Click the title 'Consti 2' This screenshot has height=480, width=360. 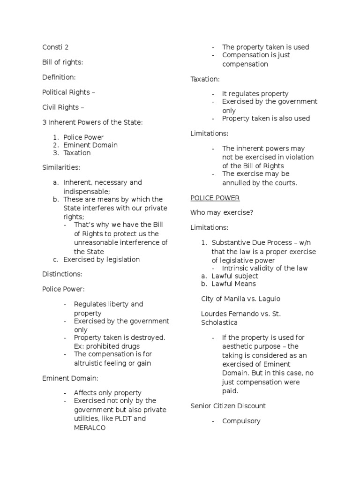(55, 47)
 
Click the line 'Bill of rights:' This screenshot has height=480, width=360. (63, 62)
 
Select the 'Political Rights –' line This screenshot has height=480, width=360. (68, 92)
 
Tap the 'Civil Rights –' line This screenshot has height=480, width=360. (63, 107)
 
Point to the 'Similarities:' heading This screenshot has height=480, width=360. (61, 167)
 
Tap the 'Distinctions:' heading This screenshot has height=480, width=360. (62, 274)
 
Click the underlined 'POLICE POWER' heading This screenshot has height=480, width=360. (215, 198)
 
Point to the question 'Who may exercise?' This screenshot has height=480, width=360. (222, 212)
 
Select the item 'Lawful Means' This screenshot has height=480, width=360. (233, 284)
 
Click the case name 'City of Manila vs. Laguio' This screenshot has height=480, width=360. (240, 298)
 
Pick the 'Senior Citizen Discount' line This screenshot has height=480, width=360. (228, 405)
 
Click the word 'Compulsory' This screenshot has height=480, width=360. (241, 420)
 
